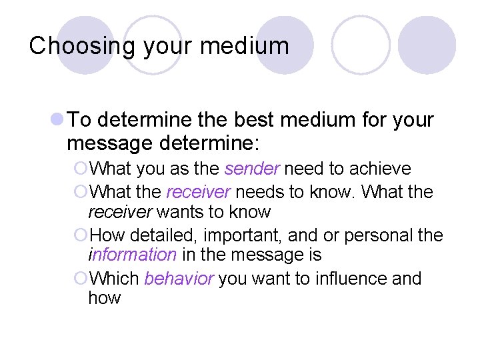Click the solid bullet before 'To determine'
(x=57, y=120)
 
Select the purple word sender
(x=251, y=169)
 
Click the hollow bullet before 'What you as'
(x=81, y=169)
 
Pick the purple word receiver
(x=198, y=192)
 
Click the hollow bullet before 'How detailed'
(x=81, y=235)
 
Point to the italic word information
(x=132, y=255)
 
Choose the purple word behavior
(x=179, y=278)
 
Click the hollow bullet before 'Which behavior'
(x=81, y=278)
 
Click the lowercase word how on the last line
(x=104, y=297)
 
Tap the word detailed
(x=160, y=235)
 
